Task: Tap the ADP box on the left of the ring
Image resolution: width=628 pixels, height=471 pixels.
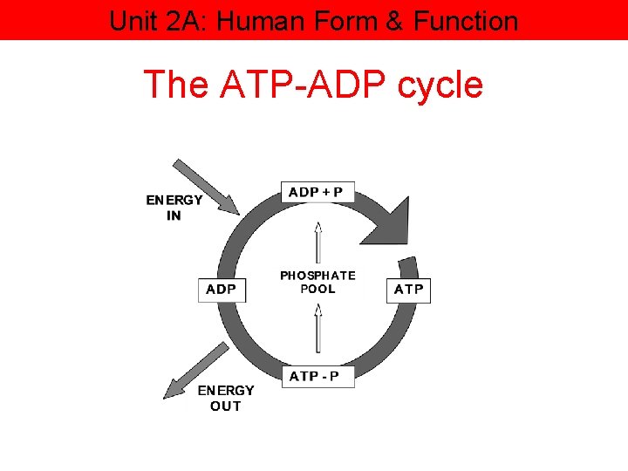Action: click(x=222, y=289)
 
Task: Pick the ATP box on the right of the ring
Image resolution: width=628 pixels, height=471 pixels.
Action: click(x=408, y=289)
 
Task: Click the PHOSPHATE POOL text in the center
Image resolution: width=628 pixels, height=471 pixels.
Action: click(x=317, y=282)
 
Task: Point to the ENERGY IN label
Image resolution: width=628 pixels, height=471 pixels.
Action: click(x=174, y=207)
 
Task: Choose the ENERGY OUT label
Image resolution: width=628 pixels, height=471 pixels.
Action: click(x=226, y=398)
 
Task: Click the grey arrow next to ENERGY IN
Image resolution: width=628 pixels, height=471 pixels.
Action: click(x=204, y=185)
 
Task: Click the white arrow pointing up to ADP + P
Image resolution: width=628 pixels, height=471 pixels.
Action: click(x=318, y=244)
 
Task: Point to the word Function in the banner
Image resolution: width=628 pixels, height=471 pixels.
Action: click(x=466, y=20)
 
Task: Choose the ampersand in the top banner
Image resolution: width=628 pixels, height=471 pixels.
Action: click(x=396, y=20)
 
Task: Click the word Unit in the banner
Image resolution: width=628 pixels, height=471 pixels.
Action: click(x=132, y=20)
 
